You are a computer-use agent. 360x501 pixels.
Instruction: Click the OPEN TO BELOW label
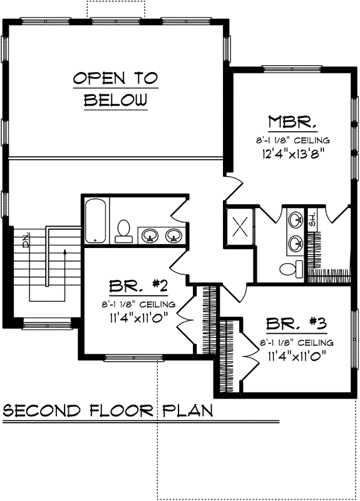pyautogui.click(x=116, y=88)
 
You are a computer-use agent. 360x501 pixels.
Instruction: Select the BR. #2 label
pyautogui.click(x=137, y=287)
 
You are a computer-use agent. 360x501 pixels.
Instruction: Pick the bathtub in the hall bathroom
pyautogui.click(x=96, y=220)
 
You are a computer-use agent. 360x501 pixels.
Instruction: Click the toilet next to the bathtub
pyautogui.click(x=123, y=231)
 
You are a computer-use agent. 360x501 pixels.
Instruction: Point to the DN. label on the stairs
pyautogui.click(x=26, y=240)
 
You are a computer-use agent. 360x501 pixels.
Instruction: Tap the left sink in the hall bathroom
pyautogui.click(x=150, y=235)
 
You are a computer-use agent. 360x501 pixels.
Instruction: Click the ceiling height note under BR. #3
pyautogui.click(x=297, y=343)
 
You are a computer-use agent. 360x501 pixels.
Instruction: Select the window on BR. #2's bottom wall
pyautogui.click(x=123, y=358)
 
